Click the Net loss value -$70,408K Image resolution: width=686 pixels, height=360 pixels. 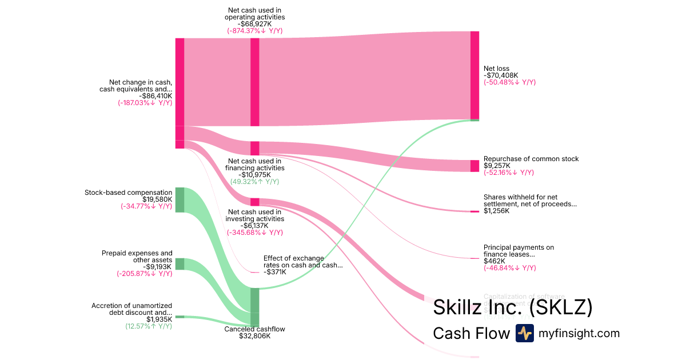point(501,75)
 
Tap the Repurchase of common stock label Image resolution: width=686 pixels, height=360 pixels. point(531,159)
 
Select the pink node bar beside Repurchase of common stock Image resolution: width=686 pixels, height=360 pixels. point(474,166)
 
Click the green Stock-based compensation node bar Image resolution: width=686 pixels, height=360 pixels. point(180,200)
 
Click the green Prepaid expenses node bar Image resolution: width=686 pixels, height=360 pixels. point(180,263)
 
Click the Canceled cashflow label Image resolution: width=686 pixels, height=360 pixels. point(254,329)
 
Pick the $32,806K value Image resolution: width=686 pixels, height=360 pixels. point(254,336)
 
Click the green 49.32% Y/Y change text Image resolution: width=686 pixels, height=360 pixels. point(254,182)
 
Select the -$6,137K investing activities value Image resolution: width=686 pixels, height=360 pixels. point(254,226)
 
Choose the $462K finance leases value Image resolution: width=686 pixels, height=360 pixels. point(494,261)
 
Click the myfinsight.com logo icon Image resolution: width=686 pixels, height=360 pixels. point(524,333)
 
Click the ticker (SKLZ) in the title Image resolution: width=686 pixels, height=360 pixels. point(561,307)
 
